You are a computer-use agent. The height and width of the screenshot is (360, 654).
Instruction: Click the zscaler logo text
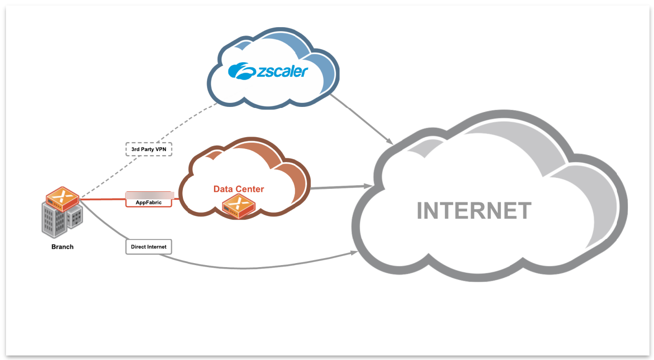click(281, 71)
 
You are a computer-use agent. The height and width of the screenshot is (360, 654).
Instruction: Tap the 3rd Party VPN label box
click(149, 149)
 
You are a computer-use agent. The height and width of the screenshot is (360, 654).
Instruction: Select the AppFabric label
click(149, 202)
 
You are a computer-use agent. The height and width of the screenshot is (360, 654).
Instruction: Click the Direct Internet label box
click(149, 247)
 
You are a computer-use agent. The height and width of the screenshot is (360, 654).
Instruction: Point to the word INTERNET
click(474, 211)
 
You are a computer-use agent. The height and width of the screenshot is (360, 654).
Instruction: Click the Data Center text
click(239, 189)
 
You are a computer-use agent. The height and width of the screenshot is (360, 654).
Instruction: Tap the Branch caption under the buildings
click(62, 247)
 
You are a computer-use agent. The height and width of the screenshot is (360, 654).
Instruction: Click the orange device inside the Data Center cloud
click(239, 206)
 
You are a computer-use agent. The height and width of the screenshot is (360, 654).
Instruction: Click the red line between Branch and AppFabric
click(103, 199)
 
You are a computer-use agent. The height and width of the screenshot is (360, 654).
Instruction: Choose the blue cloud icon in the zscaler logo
click(242, 71)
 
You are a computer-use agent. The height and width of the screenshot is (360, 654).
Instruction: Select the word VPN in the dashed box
click(161, 149)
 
